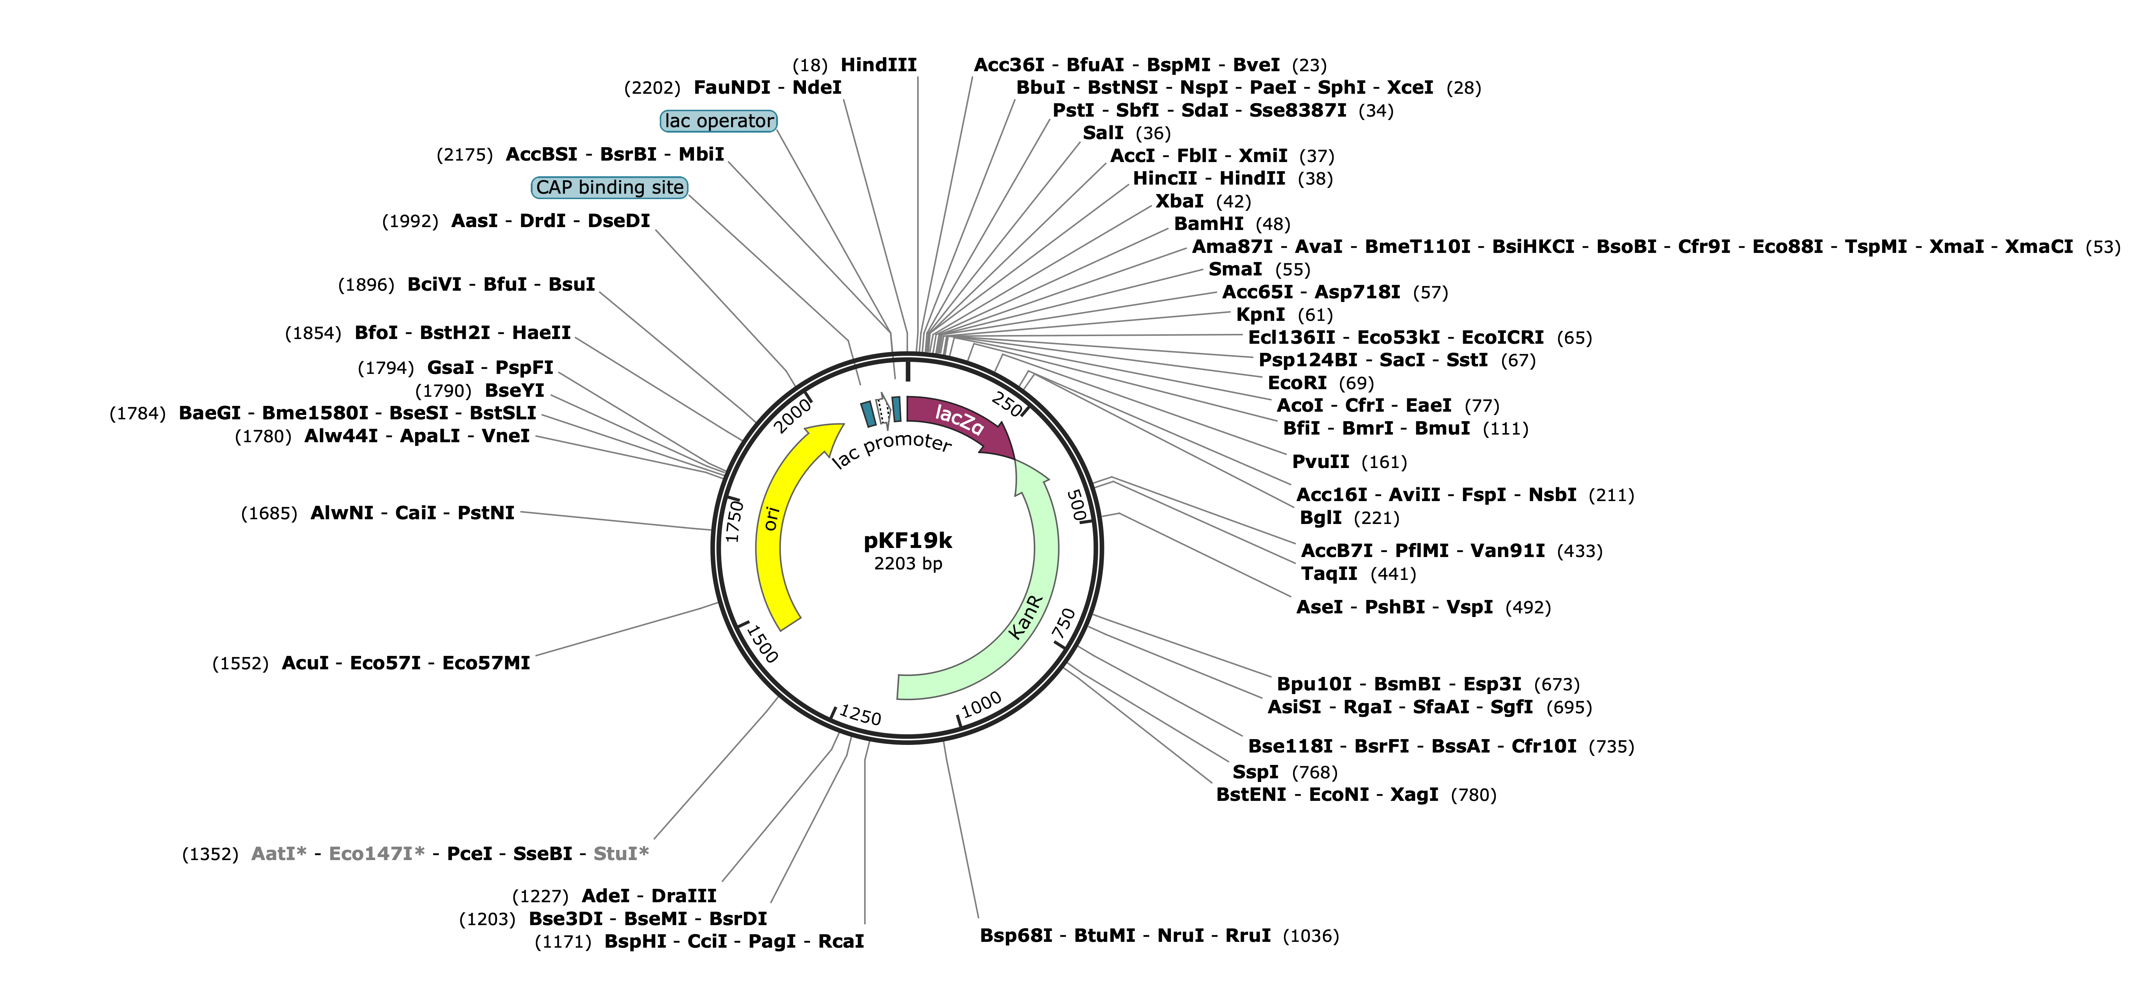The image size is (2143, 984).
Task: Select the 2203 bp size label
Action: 908,564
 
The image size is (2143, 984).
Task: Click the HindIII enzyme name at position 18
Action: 879,65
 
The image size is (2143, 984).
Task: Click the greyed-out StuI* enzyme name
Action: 621,854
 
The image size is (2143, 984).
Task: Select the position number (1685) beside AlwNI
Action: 269,513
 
